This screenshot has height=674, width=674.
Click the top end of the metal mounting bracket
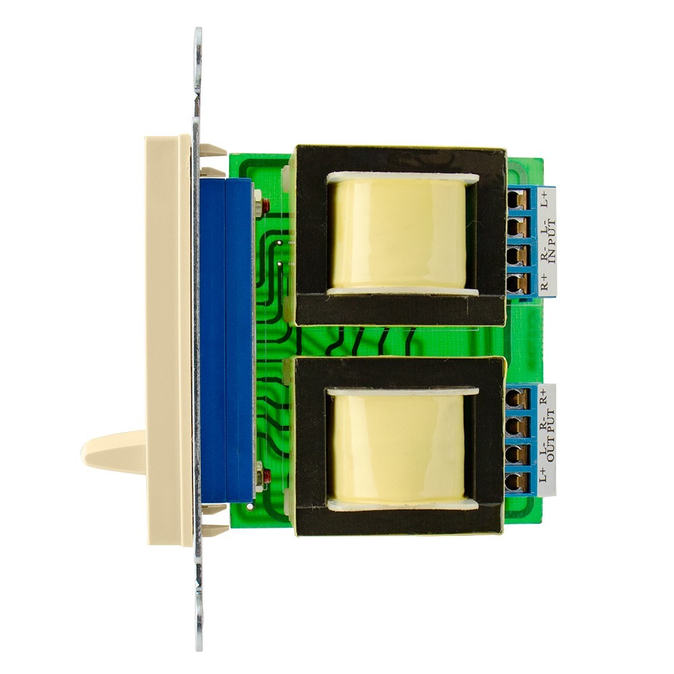coord(198,47)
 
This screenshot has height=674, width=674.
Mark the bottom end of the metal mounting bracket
coord(199,630)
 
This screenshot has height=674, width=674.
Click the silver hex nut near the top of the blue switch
coord(257,197)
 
